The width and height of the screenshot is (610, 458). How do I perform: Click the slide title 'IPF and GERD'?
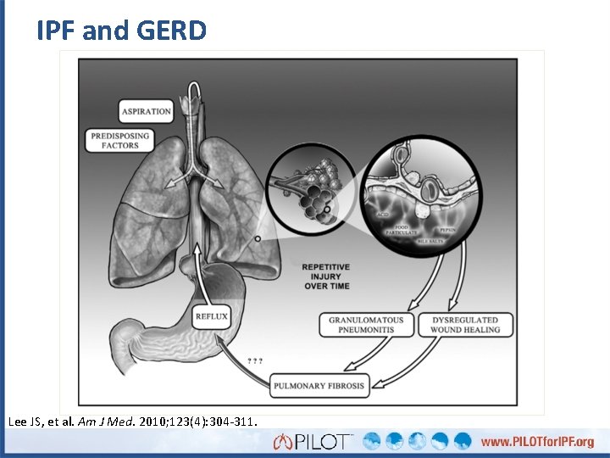[x=121, y=31]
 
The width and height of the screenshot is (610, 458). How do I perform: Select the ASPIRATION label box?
[x=146, y=111]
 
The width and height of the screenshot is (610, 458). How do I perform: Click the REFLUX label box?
[x=211, y=317]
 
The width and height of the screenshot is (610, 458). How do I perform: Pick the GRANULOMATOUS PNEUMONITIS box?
[x=366, y=324]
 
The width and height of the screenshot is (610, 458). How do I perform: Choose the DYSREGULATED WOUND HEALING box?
[x=465, y=324]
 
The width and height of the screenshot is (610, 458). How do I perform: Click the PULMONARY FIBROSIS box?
[x=319, y=386]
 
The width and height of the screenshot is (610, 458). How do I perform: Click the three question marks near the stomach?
[x=254, y=360]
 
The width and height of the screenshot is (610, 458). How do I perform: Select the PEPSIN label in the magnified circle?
[x=447, y=229]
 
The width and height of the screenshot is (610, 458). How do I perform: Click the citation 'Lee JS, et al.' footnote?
[x=132, y=421]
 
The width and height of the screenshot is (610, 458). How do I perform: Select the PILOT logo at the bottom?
[x=313, y=441]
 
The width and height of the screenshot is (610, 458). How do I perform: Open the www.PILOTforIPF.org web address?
[x=541, y=442]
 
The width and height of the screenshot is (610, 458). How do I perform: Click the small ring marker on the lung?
[x=258, y=239]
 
